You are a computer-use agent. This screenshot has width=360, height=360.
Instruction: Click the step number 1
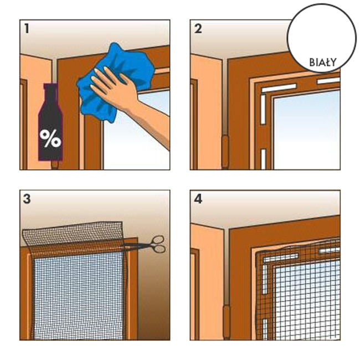pos(27,29)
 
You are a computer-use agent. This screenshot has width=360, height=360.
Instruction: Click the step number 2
pos(198,29)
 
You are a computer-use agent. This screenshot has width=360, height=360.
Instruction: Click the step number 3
pos(27,199)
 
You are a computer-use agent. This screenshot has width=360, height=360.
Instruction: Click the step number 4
pos(198,199)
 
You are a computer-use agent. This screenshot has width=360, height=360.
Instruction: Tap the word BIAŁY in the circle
pos(323,63)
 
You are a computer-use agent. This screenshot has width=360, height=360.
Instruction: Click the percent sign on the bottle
pos(50,138)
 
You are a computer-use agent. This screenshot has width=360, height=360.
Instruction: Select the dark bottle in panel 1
pos(50,122)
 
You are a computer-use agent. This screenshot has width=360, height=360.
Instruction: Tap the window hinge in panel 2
pos(225,152)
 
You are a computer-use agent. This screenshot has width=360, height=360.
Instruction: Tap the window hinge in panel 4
pos(227,321)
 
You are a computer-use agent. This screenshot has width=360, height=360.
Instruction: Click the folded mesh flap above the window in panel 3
pos(73,233)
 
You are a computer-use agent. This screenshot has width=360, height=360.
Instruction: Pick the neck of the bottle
pos(51,94)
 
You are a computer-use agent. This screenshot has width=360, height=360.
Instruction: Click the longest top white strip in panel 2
pos(279,88)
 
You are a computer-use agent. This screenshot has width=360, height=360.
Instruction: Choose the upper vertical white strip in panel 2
pos(263,110)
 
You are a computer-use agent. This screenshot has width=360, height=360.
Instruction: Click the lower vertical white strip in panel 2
pos(263,159)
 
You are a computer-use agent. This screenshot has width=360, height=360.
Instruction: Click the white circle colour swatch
pos(322,38)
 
